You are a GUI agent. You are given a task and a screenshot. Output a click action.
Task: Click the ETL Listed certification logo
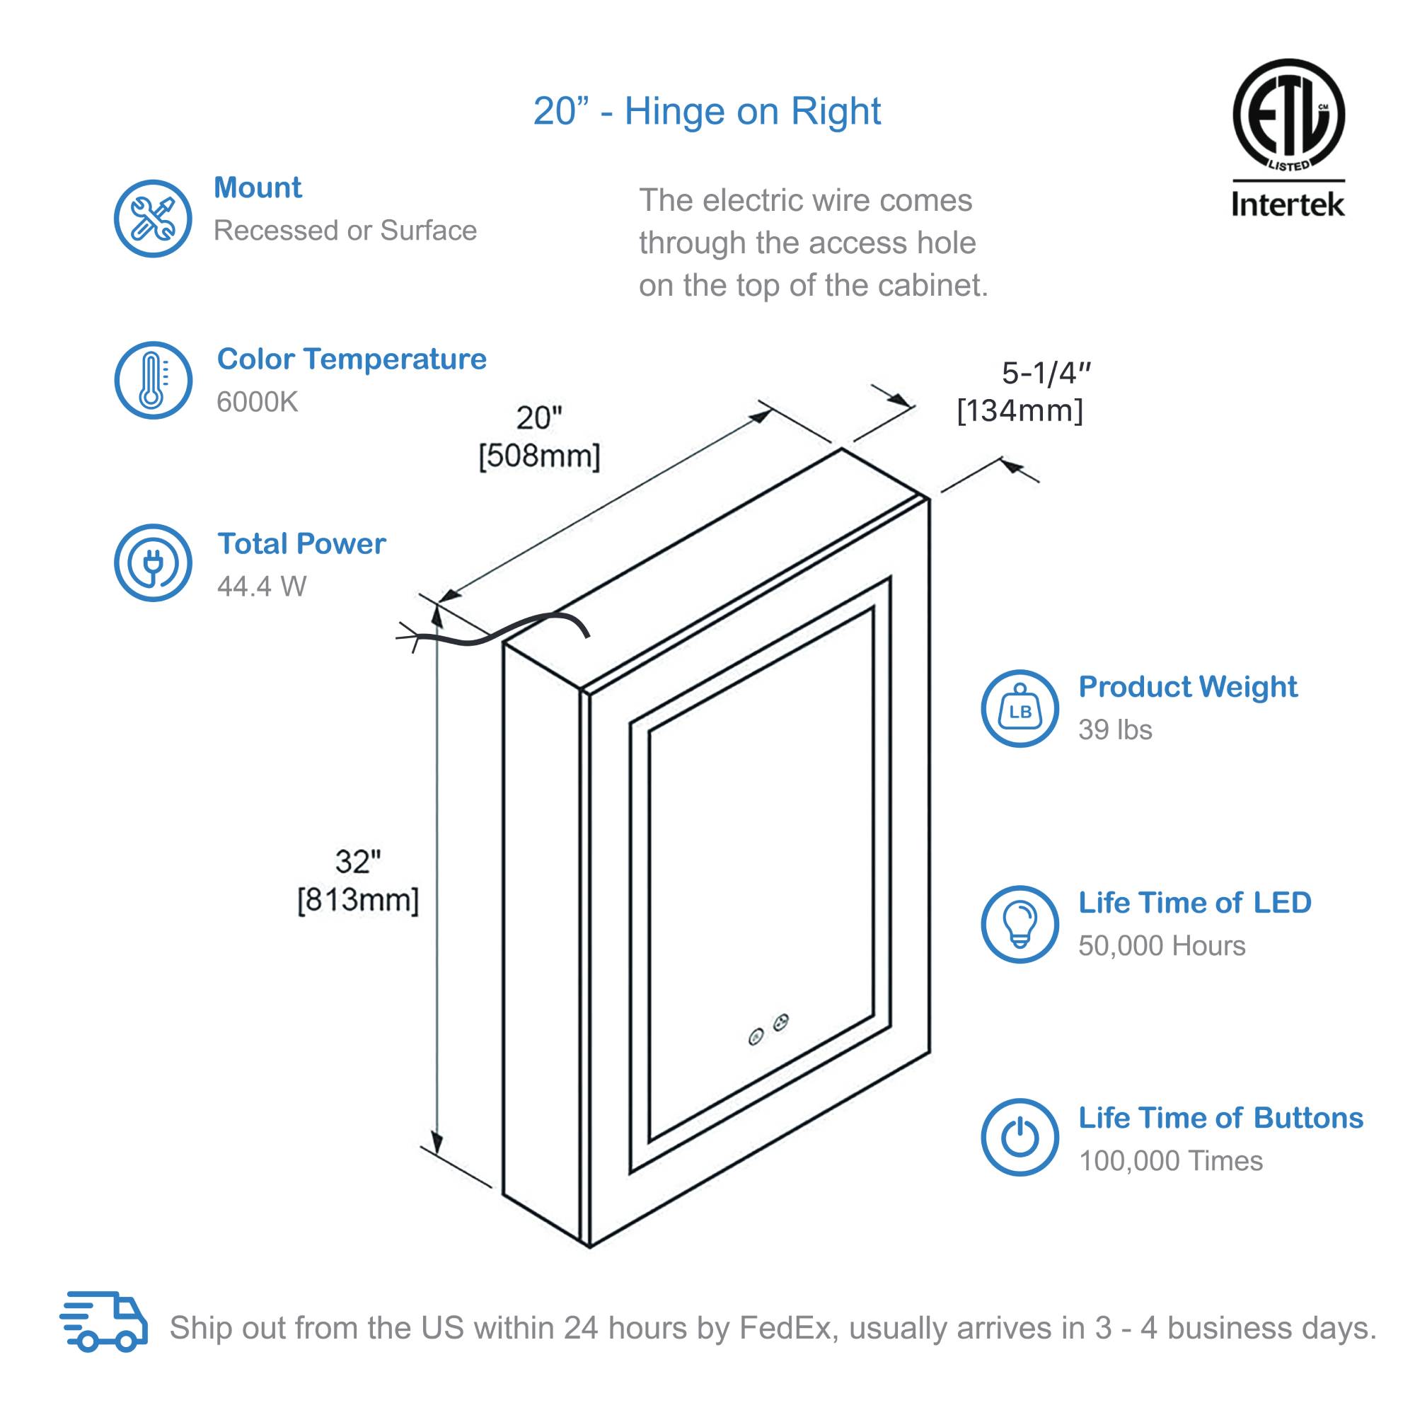pyautogui.click(x=1288, y=116)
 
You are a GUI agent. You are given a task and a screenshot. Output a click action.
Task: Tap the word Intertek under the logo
pyautogui.click(x=1288, y=204)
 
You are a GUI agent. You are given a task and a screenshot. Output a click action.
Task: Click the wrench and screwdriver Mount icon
pyautogui.click(x=152, y=218)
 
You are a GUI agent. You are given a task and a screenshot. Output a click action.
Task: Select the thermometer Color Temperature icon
pyautogui.click(x=152, y=380)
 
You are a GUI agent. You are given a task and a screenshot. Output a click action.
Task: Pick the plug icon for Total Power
pyautogui.click(x=152, y=562)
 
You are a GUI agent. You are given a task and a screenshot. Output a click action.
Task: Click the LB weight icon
pyautogui.click(x=1020, y=708)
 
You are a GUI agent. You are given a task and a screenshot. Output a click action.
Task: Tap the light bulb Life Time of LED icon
pyautogui.click(x=1020, y=923)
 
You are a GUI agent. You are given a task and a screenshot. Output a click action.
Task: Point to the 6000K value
pyautogui.click(x=257, y=402)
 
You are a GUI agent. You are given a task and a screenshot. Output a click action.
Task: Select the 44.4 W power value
pyautogui.click(x=262, y=586)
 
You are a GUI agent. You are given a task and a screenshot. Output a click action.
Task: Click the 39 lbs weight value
pyautogui.click(x=1115, y=729)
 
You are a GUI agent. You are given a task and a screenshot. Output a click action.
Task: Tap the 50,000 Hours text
pyautogui.click(x=1161, y=945)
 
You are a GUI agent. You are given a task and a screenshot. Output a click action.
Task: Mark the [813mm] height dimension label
pyautogui.click(x=358, y=899)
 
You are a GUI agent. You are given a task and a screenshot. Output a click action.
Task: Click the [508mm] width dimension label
pyautogui.click(x=539, y=456)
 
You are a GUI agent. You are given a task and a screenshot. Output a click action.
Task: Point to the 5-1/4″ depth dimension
pyautogui.click(x=1046, y=374)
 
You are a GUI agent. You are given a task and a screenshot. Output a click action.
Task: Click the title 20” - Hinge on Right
pyautogui.click(x=707, y=111)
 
